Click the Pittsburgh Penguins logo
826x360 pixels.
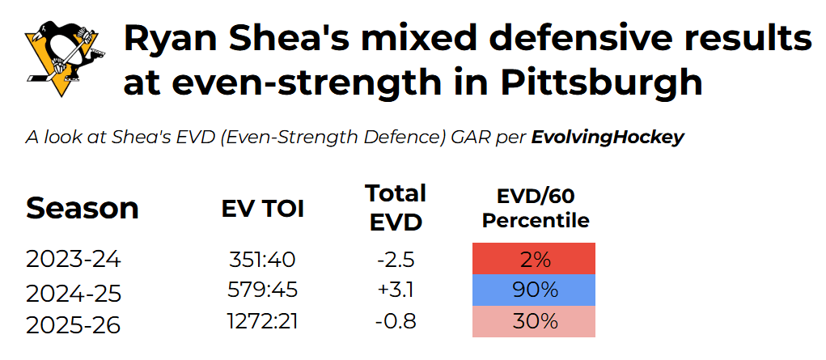coord(61,59)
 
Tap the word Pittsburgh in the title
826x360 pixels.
coord(602,83)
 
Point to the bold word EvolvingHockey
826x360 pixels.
coord(608,138)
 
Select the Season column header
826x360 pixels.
coord(83,208)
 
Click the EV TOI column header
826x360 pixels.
coord(262,210)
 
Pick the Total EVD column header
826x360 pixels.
coord(396,208)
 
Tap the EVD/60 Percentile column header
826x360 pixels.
coord(536,208)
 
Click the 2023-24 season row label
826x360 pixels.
coord(74,260)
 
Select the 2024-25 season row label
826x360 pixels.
coord(74,293)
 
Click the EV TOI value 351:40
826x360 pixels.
coord(262,260)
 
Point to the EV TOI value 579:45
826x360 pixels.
coord(262,290)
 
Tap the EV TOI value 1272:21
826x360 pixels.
coord(262,320)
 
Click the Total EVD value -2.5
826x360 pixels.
coord(396,260)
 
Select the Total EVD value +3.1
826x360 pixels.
coord(396,290)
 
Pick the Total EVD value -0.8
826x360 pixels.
coord(396,320)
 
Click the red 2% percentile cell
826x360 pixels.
coord(534,259)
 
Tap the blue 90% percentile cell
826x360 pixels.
coord(534,290)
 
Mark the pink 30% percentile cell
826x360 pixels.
coord(534,321)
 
